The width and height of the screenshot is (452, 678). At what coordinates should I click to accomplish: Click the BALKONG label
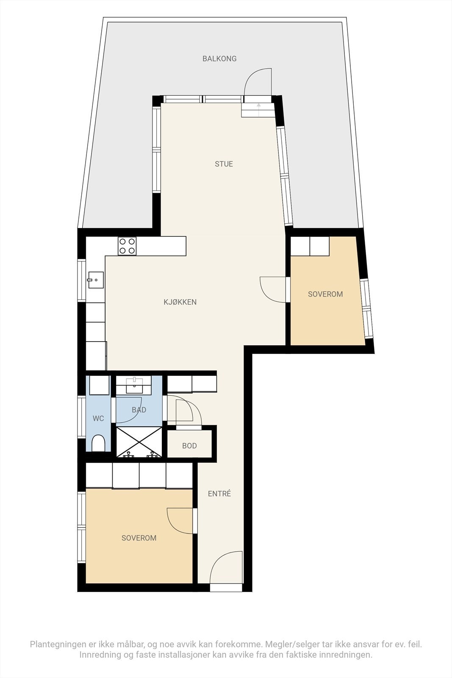pyautogui.click(x=219, y=58)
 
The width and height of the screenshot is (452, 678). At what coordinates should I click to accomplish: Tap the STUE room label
pyautogui.click(x=224, y=164)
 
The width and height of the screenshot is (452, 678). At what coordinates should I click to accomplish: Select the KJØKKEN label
pyautogui.click(x=180, y=302)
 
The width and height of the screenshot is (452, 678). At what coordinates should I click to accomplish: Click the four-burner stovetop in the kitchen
pyautogui.click(x=127, y=246)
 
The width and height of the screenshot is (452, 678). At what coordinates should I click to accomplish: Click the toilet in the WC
pyautogui.click(x=98, y=443)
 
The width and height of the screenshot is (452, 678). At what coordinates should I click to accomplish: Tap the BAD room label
pyautogui.click(x=139, y=410)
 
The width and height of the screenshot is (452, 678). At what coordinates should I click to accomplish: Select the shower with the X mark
pyautogui.click(x=139, y=442)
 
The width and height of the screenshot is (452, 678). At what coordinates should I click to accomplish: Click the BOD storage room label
pyautogui.click(x=189, y=446)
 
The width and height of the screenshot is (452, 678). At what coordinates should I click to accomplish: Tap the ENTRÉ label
pyautogui.click(x=219, y=494)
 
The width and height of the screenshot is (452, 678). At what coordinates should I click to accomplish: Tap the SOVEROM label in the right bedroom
pyautogui.click(x=325, y=294)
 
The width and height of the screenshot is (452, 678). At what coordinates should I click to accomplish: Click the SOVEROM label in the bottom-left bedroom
pyautogui.click(x=139, y=538)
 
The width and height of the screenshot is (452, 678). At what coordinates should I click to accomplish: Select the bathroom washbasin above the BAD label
pyautogui.click(x=134, y=385)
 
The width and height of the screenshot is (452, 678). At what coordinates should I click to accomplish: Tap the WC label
pyautogui.click(x=98, y=419)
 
